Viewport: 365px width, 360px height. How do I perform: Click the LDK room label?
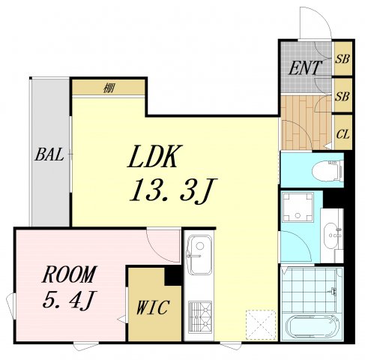tap(153, 157)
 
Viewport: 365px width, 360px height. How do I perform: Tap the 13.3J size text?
tap(173, 190)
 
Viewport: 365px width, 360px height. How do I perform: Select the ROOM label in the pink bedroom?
tap(69, 274)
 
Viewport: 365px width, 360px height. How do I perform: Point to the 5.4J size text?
tap(68, 300)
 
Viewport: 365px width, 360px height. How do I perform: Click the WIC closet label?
tap(153, 307)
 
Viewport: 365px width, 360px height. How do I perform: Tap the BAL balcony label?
tap(49, 154)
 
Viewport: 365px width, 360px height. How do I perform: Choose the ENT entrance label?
tap(304, 67)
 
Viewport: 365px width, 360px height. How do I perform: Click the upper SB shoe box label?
tap(342, 59)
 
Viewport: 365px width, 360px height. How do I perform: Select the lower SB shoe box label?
tap(342, 96)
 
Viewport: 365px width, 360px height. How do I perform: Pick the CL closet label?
tap(343, 134)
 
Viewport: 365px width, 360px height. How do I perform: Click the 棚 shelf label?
tap(109, 88)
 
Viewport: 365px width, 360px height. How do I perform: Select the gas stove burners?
tap(200, 317)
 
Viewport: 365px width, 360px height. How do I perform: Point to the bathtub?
tap(312, 327)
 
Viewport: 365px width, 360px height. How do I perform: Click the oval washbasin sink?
tap(331, 235)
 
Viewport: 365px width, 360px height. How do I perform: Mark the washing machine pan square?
tap(298, 207)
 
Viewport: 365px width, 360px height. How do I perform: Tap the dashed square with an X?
tap(261, 325)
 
